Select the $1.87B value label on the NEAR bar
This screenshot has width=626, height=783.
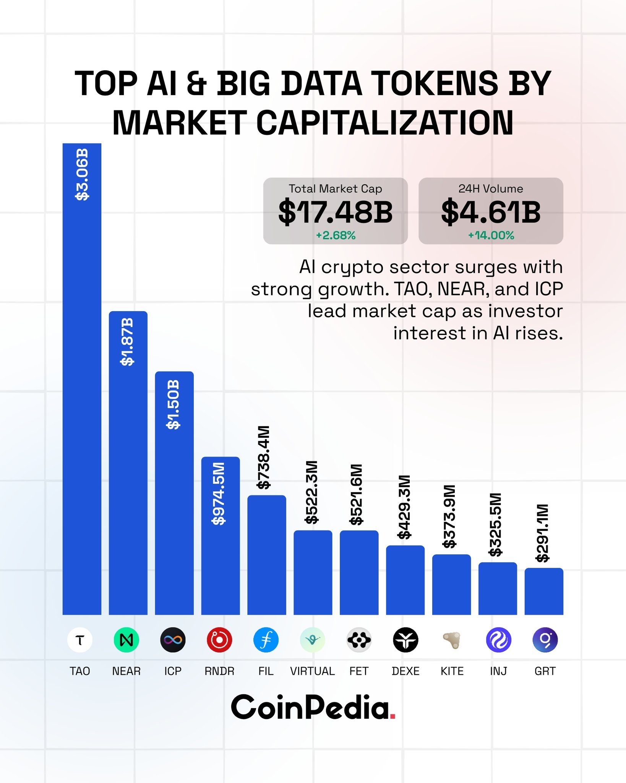(x=127, y=341)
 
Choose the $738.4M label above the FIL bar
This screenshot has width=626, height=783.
(x=264, y=457)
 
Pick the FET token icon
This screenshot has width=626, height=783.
(x=359, y=640)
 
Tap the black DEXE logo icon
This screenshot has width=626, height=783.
(x=405, y=640)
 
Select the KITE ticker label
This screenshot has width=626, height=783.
(x=452, y=671)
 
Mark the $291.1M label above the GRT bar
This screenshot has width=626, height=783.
(x=543, y=533)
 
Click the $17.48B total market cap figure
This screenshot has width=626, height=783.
(x=335, y=212)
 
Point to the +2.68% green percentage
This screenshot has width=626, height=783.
(x=336, y=236)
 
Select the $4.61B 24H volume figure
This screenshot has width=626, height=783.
(x=491, y=212)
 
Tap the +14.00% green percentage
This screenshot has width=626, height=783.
(x=491, y=236)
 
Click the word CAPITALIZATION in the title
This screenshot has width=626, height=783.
(x=384, y=123)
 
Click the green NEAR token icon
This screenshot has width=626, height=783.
(x=126, y=640)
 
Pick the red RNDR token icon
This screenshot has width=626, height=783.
(x=219, y=640)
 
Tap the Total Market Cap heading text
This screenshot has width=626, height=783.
(x=335, y=189)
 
